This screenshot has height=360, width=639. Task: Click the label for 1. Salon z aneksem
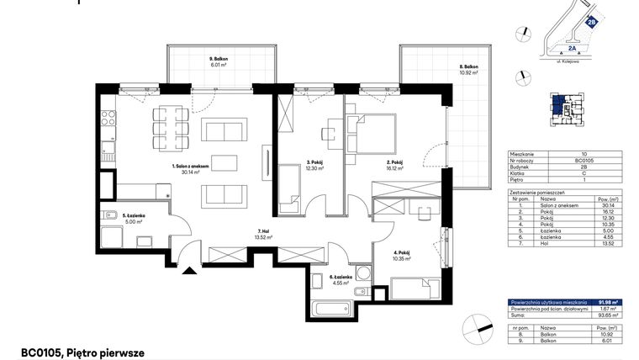click(x=190, y=169)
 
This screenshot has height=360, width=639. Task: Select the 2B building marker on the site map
click(x=592, y=23)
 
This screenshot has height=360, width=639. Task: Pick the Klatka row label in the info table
click(x=521, y=174)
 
